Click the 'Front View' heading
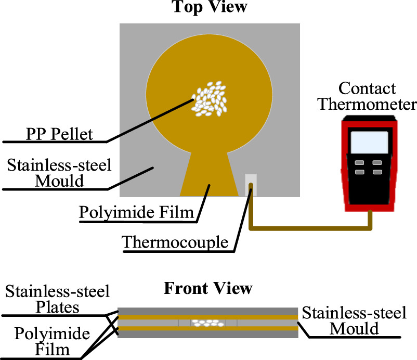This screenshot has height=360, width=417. click(x=208, y=288)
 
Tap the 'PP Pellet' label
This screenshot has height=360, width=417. click(x=59, y=134)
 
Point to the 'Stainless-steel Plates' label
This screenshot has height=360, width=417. click(x=57, y=300)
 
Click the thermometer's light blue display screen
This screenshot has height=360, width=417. click(x=369, y=143)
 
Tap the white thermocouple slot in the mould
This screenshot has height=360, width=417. click(x=250, y=184)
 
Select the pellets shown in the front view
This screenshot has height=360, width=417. click(x=207, y=323)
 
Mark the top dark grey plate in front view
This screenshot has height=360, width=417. click(x=208, y=311)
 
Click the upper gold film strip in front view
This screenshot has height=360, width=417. click(x=156, y=316)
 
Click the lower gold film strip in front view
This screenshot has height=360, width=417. click(x=156, y=329)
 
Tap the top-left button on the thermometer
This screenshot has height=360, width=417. click(x=359, y=162)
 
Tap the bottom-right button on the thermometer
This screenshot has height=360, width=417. click(x=377, y=172)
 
